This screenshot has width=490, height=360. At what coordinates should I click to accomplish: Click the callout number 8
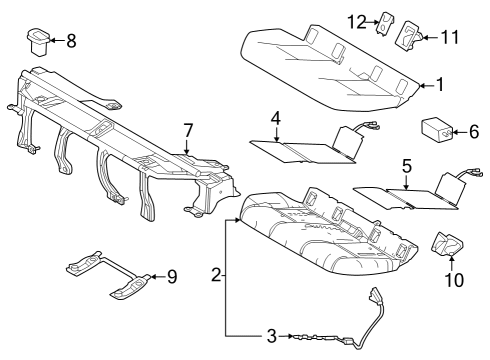coord(70,42)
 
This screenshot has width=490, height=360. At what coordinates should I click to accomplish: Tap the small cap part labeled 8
coord(38,42)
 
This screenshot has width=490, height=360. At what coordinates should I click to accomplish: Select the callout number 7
coord(186,129)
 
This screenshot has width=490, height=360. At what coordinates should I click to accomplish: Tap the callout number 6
coord(474,130)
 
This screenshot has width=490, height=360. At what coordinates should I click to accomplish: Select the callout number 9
coord(171,277)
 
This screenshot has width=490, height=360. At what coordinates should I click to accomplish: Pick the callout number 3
coord(270,336)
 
